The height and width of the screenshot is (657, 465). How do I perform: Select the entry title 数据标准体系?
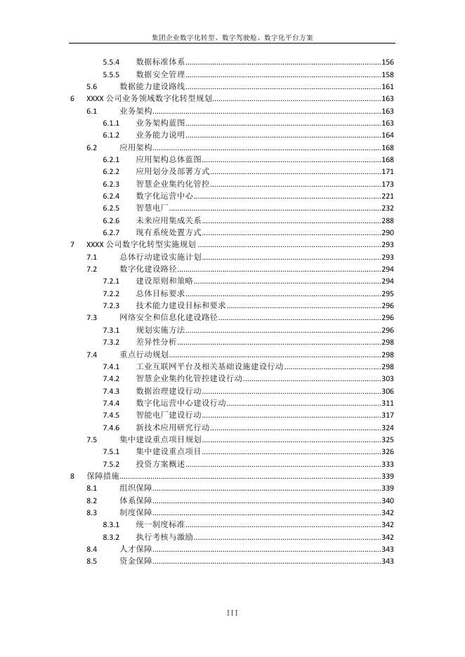160,62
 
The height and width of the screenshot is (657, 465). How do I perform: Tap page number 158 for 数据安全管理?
387,74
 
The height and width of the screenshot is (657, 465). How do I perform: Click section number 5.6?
91,87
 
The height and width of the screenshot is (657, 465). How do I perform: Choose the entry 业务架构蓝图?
160,123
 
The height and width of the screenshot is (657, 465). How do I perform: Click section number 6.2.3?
111,184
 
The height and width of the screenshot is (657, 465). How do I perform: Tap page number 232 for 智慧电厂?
387,208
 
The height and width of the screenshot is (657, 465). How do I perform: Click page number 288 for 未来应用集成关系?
387,220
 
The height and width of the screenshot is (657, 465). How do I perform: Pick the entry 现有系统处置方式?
169,232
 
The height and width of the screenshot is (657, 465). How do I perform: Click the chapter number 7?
73,245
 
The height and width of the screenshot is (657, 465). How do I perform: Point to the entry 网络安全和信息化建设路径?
169,317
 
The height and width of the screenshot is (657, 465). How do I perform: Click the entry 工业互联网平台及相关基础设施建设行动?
209,366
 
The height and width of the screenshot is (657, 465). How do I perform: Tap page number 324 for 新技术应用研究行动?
387,427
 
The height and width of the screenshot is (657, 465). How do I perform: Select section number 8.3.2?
111,537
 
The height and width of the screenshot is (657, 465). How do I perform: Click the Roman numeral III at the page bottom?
232,613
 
